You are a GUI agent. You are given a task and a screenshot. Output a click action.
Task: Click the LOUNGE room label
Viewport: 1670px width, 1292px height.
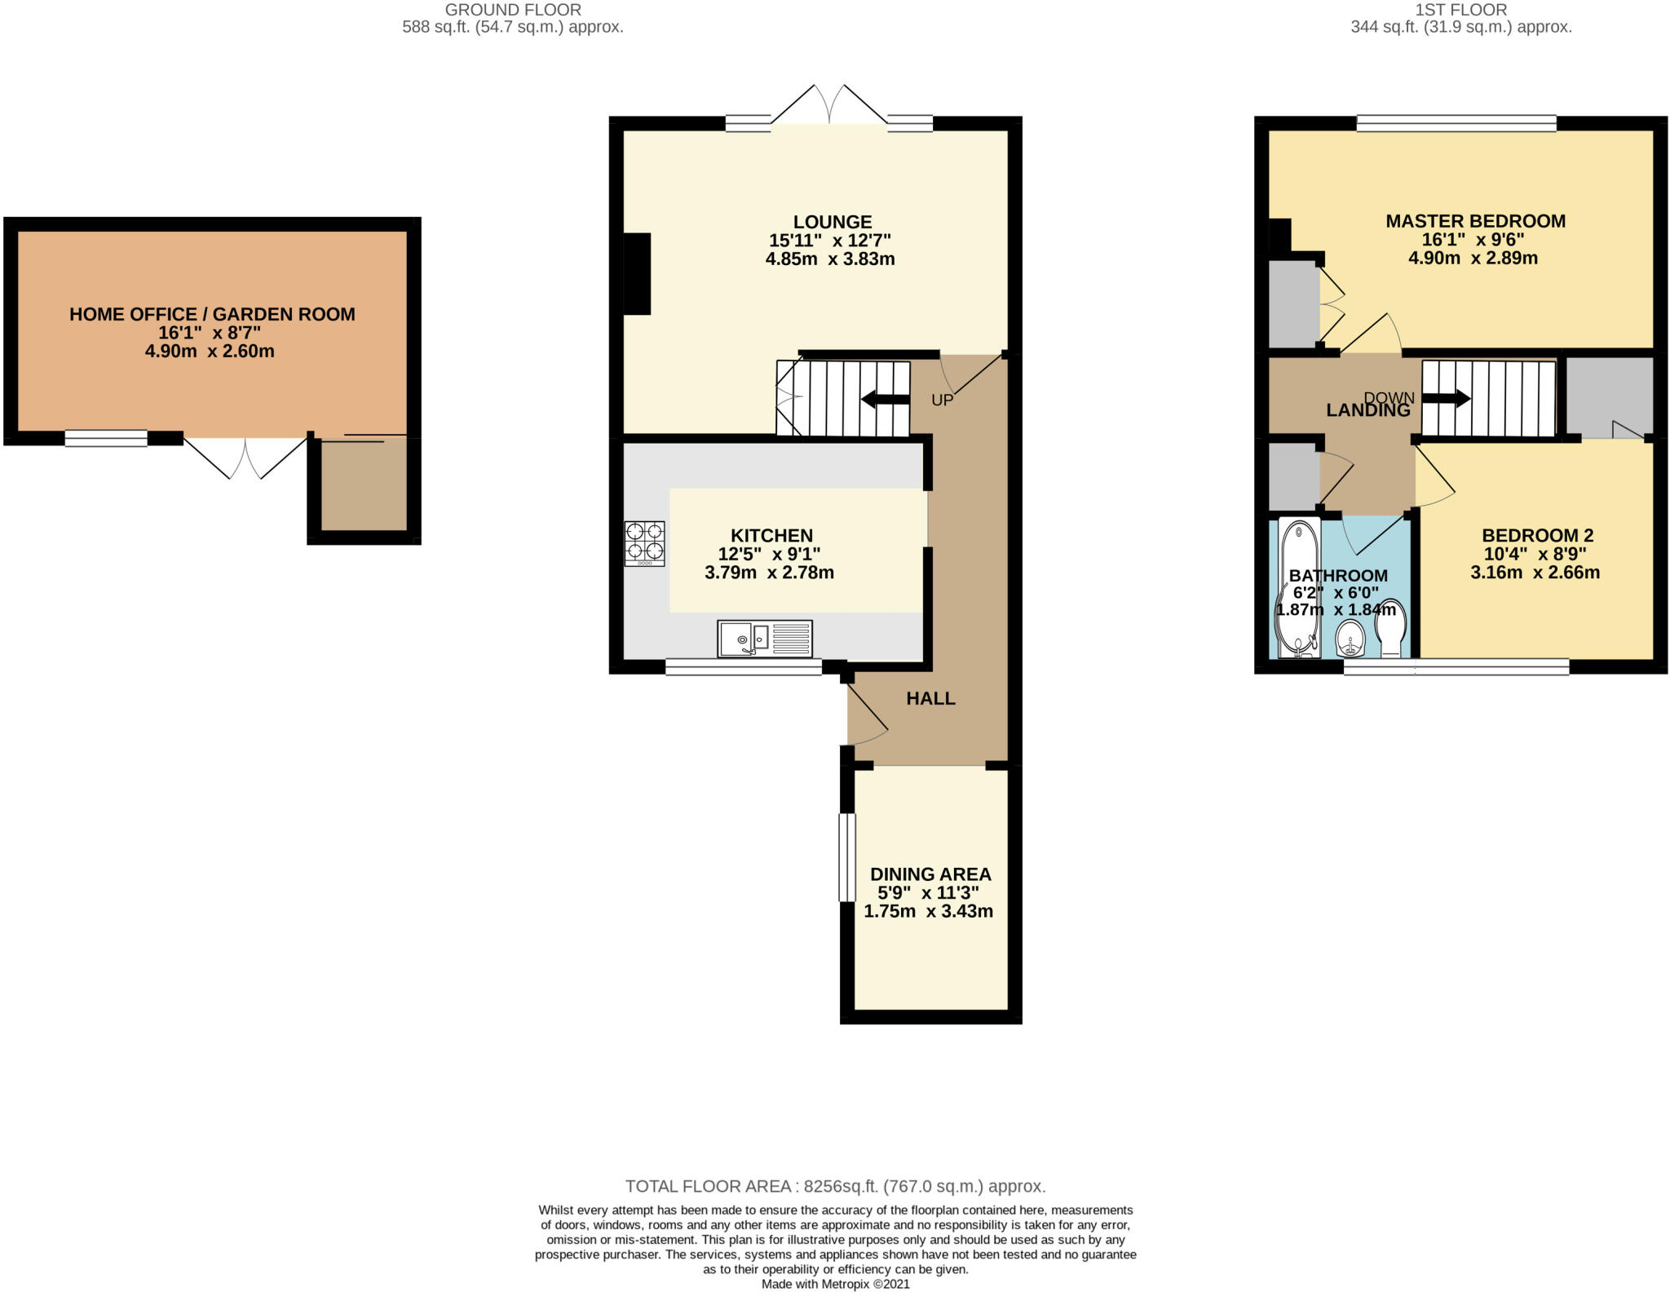pyautogui.click(x=832, y=222)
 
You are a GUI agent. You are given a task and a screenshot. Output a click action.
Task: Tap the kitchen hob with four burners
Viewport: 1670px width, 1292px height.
pyautogui.click(x=644, y=543)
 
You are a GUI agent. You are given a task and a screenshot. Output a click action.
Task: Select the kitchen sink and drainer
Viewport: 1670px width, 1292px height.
pyautogui.click(x=765, y=638)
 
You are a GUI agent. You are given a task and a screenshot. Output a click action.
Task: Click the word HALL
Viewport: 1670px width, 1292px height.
pyautogui.click(x=930, y=698)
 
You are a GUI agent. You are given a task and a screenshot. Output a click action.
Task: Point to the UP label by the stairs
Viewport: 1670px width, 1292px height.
pyautogui.click(x=942, y=400)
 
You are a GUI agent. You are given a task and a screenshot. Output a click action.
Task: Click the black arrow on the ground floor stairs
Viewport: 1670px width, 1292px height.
pyautogui.click(x=885, y=400)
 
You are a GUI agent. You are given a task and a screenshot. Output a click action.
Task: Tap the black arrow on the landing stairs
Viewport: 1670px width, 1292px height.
pyautogui.click(x=1447, y=399)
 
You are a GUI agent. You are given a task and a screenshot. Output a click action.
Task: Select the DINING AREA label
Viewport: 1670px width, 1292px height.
pyautogui.click(x=930, y=874)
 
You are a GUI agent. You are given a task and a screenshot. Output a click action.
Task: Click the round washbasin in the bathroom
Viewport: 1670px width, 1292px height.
pyautogui.click(x=1351, y=638)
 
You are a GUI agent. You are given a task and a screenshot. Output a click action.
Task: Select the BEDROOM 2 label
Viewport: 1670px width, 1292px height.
pyautogui.click(x=1537, y=536)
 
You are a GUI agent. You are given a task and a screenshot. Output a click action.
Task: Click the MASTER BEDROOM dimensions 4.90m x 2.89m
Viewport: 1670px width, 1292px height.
pyautogui.click(x=1473, y=259)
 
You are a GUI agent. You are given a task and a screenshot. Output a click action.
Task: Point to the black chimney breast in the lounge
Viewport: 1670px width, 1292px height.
pyautogui.click(x=637, y=273)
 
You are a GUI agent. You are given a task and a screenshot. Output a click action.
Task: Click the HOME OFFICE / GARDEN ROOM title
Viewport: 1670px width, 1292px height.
pyautogui.click(x=212, y=314)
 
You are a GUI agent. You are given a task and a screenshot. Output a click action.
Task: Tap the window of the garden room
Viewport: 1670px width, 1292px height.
pyautogui.click(x=106, y=439)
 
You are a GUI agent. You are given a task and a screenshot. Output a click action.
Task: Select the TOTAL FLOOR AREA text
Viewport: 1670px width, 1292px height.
pyautogui.click(x=835, y=1186)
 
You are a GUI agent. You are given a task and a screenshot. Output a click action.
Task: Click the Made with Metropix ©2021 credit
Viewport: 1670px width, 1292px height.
pyautogui.click(x=835, y=1284)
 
